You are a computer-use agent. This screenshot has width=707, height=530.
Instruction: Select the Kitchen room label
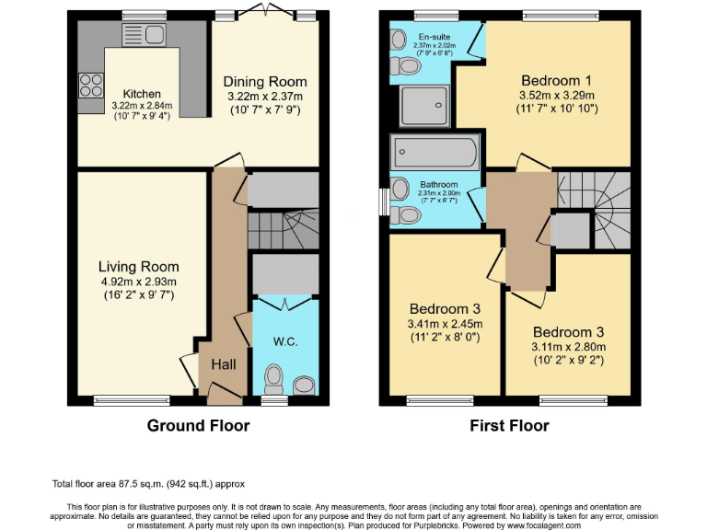tap(142, 94)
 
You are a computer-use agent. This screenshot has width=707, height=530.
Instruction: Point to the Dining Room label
tap(265, 83)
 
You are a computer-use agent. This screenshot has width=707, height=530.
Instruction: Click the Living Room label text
tap(138, 268)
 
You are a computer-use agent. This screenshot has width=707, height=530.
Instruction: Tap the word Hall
tap(224, 364)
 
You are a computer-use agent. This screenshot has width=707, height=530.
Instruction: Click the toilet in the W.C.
tap(273, 378)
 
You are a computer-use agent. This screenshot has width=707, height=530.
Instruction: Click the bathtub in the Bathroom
tap(435, 151)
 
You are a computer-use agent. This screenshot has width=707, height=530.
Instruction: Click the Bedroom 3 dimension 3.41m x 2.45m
tap(446, 324)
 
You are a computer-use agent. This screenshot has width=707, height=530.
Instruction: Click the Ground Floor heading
tap(198, 426)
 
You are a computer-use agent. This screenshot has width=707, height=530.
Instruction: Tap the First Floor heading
tap(509, 426)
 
